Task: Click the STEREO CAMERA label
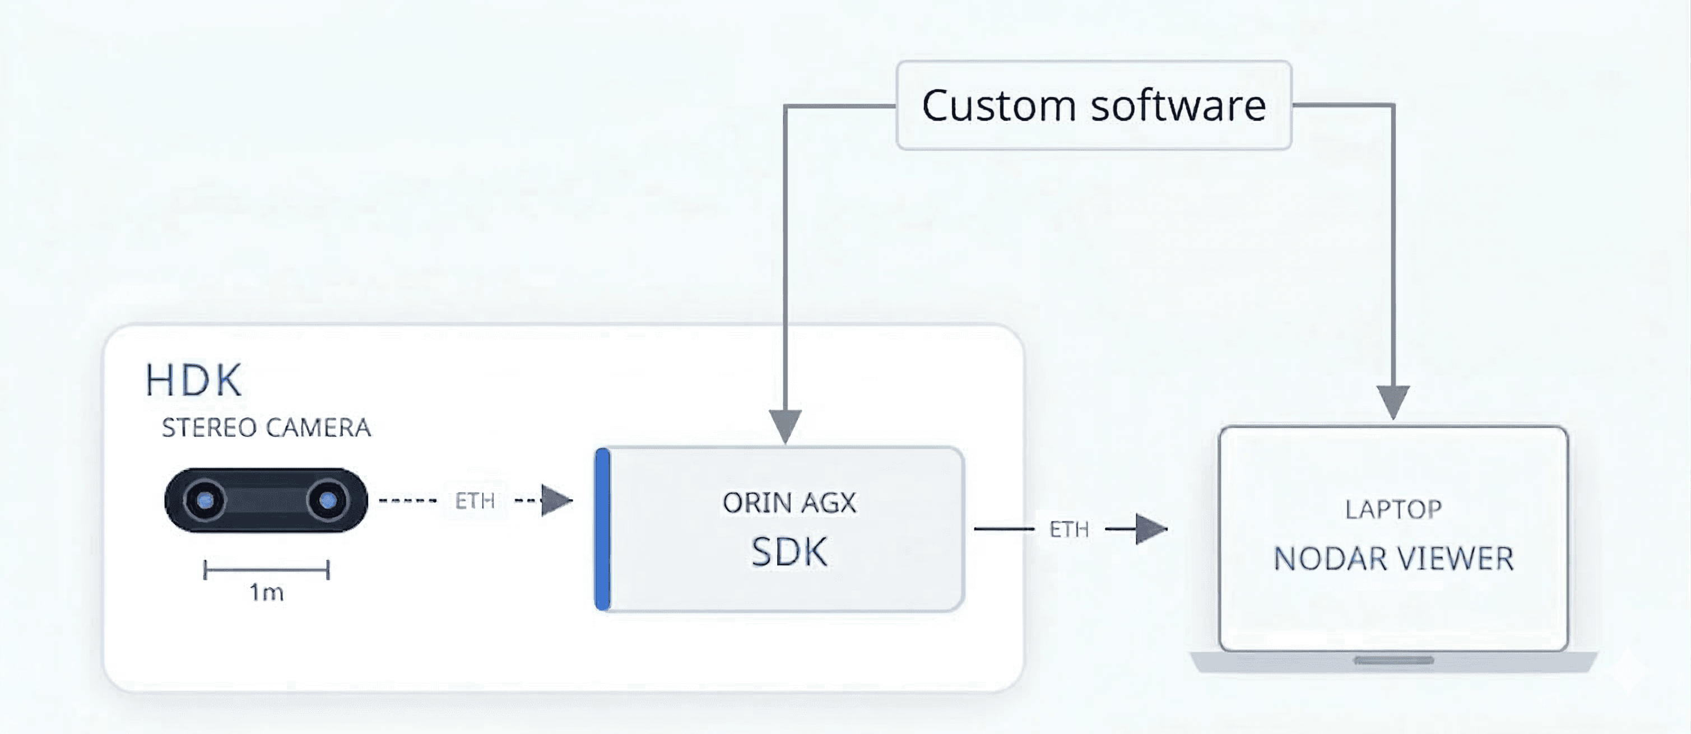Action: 266,428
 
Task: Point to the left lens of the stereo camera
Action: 206,501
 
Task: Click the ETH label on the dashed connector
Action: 475,501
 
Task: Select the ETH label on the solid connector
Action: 1069,529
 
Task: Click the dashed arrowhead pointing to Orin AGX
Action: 555,501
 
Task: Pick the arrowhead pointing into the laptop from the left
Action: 1150,528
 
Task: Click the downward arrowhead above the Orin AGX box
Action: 785,425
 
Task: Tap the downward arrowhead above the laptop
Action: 1392,401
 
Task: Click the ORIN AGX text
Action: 789,504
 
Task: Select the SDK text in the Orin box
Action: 789,552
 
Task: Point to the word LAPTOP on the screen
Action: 1393,509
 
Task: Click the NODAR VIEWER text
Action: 1393,559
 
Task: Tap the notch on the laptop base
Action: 1393,661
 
